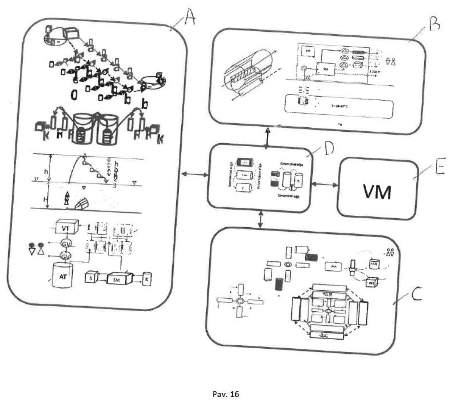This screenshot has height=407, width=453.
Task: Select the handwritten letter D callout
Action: coord(327,148)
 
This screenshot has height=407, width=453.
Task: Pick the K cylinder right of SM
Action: coord(147,279)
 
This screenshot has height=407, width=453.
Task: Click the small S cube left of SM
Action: coord(91,278)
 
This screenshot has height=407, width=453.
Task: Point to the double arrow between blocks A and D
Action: coord(194,174)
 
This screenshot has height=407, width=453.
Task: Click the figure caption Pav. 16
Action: coord(226,394)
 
